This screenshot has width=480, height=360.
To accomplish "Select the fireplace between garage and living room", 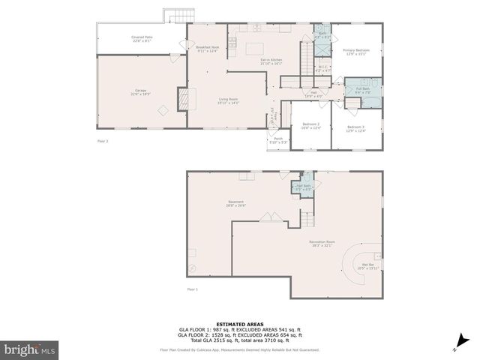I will tap(182, 98).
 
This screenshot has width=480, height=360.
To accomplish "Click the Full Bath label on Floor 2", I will tap(363, 91).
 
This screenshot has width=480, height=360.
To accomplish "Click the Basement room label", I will tap(236, 203).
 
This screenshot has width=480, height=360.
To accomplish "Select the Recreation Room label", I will tap(322, 243).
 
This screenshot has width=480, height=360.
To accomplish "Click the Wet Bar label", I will tap(367, 265).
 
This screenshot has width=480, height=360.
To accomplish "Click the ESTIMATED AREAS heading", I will tap(239, 323).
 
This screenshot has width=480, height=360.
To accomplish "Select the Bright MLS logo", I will tap(30, 349).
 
